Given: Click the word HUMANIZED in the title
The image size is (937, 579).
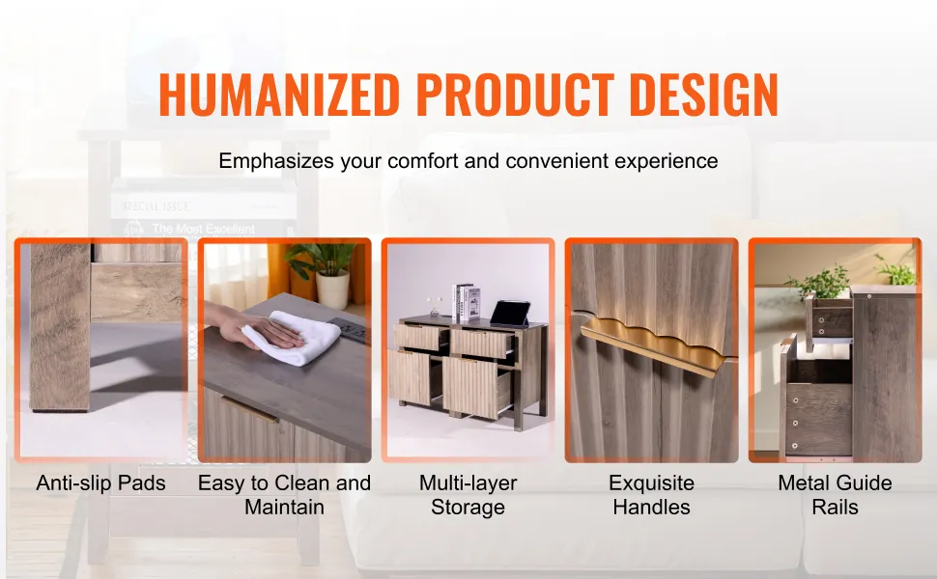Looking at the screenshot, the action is [279, 95].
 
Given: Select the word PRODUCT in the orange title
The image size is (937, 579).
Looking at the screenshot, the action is [515, 95].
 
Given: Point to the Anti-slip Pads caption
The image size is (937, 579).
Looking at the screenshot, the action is [101, 482].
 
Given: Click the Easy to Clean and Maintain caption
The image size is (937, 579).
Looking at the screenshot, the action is [284, 494].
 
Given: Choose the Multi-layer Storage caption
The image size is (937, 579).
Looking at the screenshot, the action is [468, 494].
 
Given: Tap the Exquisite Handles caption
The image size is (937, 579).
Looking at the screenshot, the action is [651, 494].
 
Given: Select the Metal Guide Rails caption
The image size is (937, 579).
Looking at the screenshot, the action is [835, 494].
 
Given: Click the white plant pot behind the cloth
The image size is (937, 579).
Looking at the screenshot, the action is [332, 290].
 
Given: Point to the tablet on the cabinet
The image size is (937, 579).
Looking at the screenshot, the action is [510, 314].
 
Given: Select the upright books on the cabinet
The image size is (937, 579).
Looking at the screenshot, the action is [467, 303].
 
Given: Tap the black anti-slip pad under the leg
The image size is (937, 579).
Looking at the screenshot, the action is [60, 410].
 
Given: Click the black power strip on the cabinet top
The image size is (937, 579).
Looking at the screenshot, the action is [352, 332].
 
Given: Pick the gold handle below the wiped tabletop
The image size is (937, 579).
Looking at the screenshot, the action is [249, 409].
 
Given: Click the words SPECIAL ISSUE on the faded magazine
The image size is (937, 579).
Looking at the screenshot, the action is [156, 207].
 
